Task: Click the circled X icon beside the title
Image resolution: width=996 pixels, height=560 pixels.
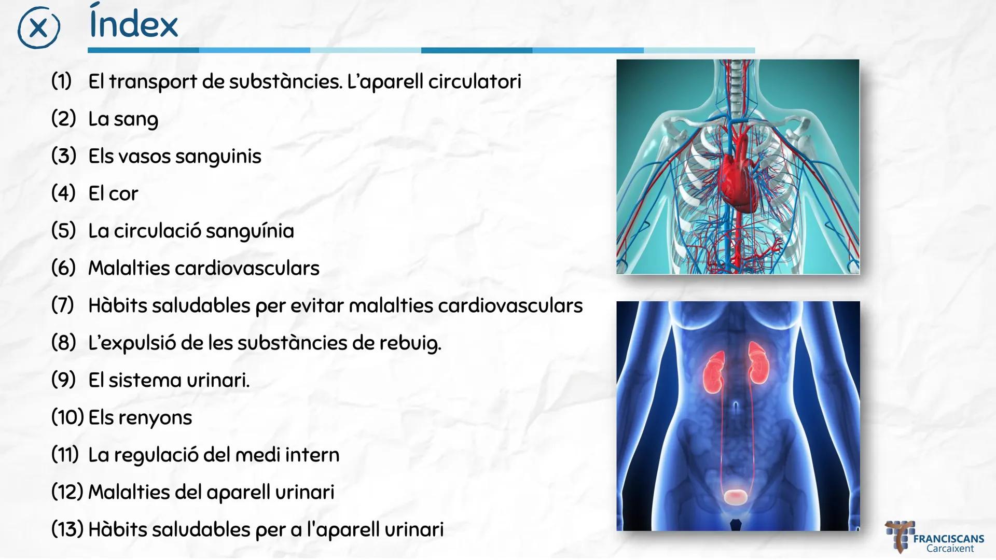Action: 38,27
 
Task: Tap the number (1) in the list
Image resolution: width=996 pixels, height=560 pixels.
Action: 61,81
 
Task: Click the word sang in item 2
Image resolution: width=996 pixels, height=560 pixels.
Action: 136,120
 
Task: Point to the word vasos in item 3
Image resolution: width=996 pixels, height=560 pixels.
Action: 142,156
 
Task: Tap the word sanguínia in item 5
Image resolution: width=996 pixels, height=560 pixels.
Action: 250,231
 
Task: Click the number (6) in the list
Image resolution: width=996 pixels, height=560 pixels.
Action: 63,268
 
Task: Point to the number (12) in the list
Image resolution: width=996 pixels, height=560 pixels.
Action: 67,492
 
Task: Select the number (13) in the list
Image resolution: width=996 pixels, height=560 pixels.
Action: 67,529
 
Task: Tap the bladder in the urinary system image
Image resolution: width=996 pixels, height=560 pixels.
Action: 737,497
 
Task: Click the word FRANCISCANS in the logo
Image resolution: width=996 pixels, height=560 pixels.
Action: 948,539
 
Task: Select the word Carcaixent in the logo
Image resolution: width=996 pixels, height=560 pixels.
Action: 950,549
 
